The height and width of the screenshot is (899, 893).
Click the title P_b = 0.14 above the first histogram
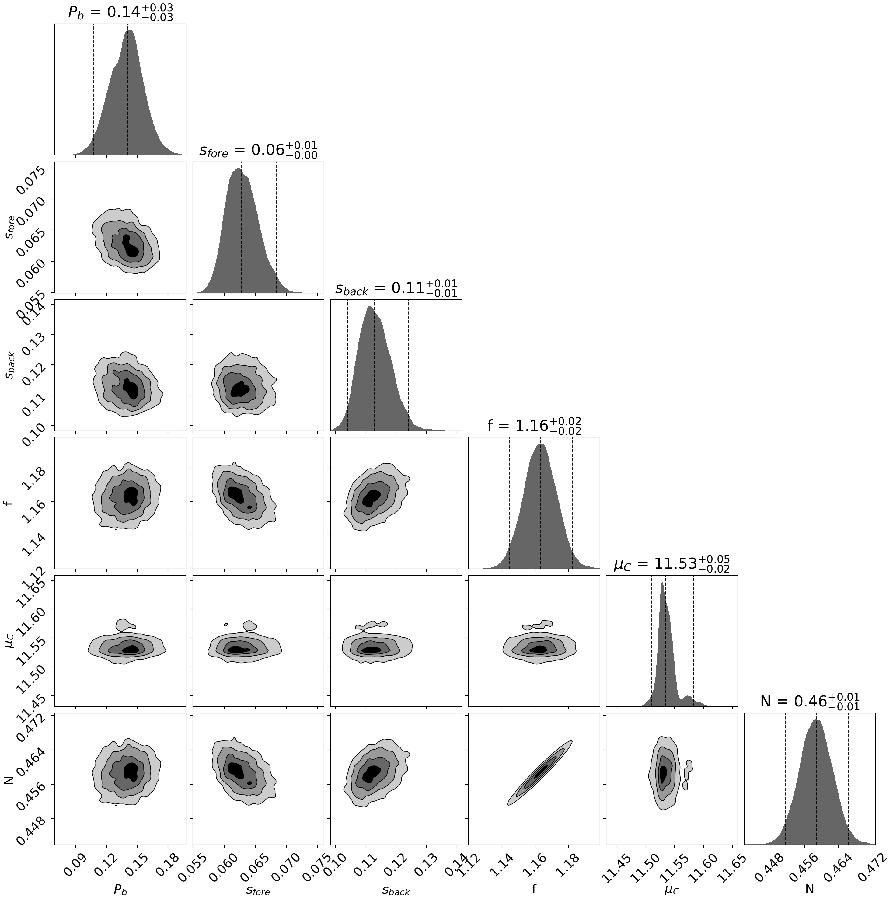(120, 12)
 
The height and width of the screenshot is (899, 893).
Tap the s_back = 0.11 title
(396, 288)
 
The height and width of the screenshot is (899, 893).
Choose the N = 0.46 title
(809, 701)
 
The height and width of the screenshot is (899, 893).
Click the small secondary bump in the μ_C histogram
(687, 699)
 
